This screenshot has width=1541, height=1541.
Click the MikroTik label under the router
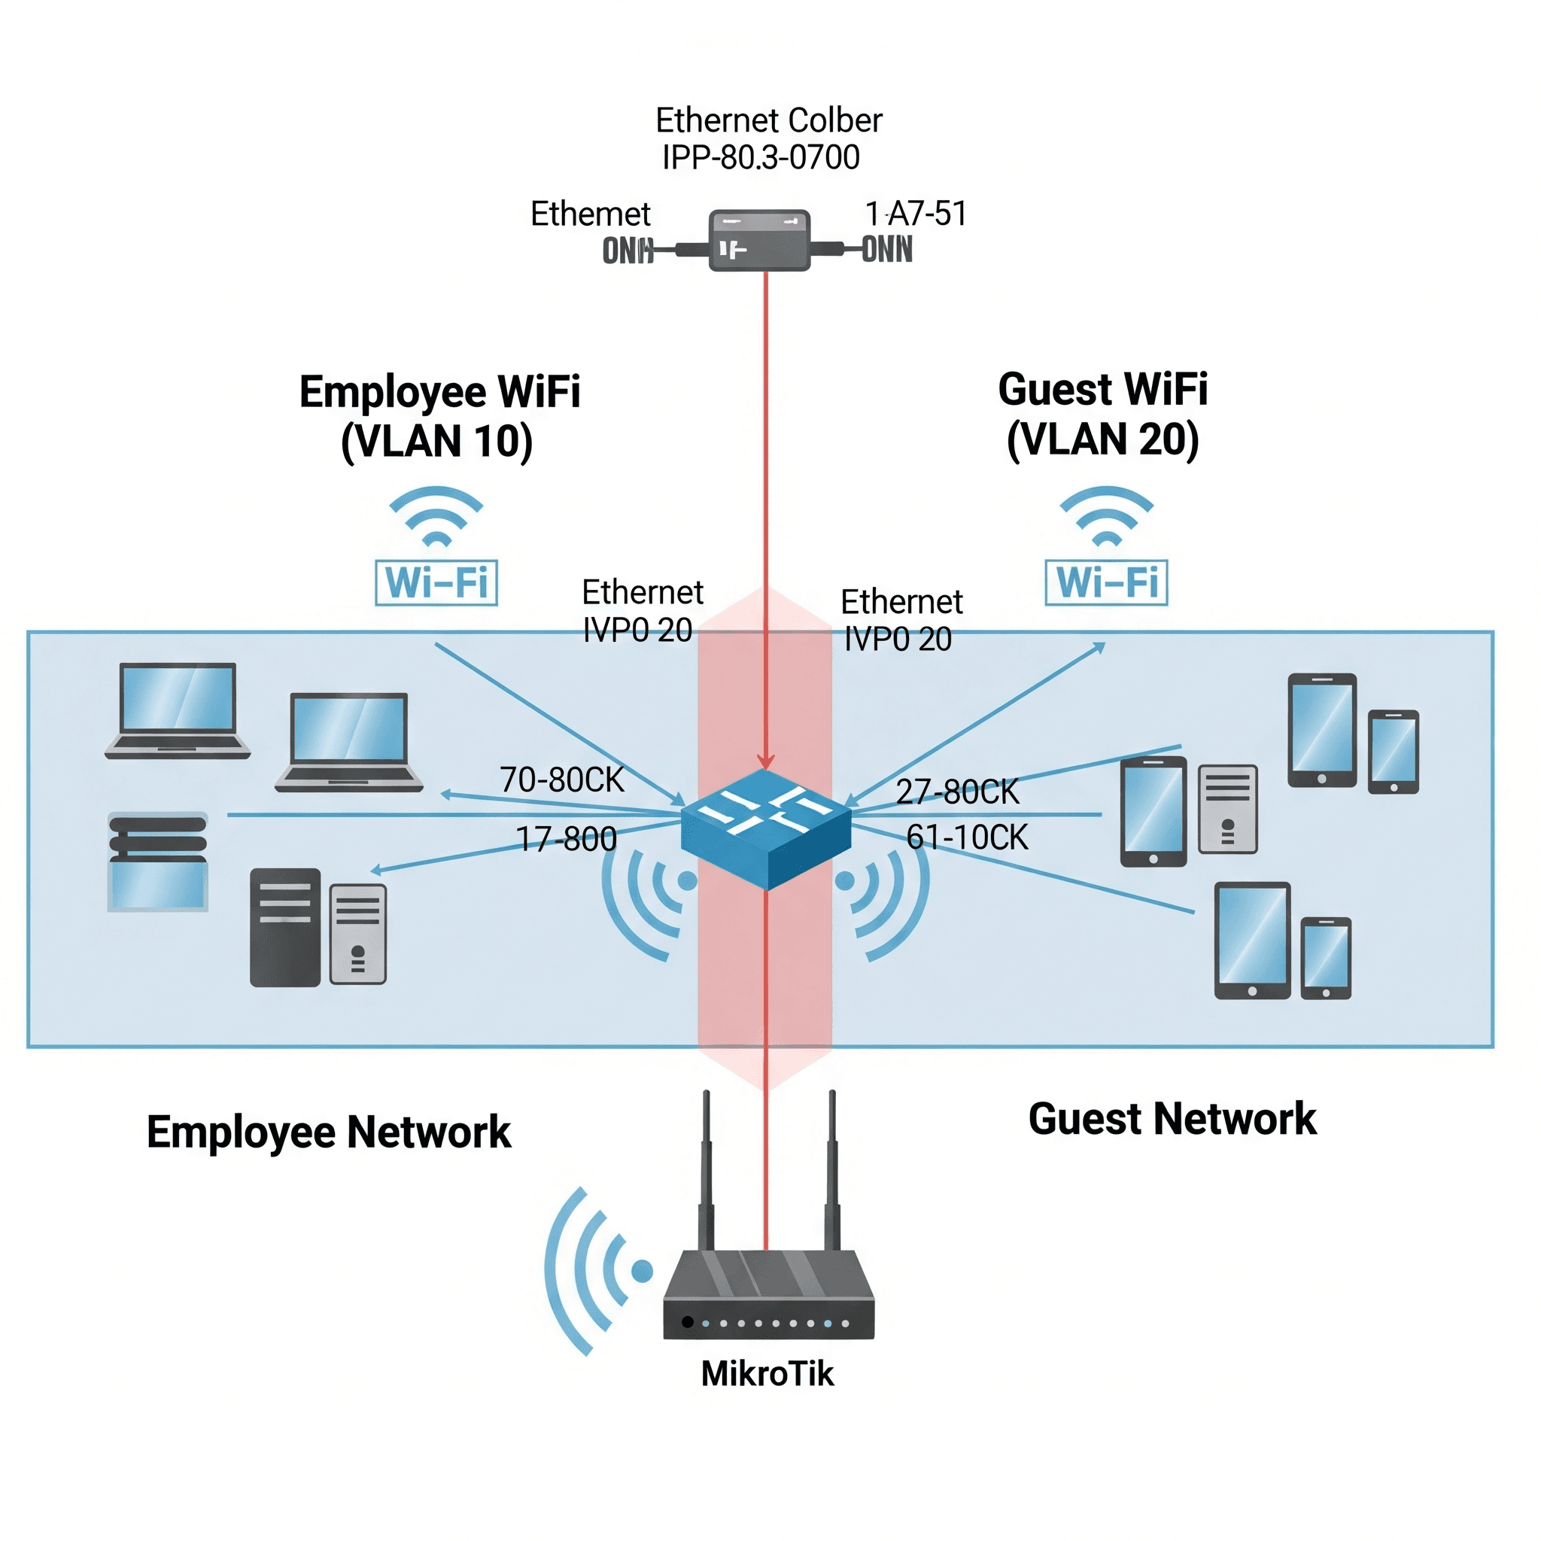tap(767, 1373)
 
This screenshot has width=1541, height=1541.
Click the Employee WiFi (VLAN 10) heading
tap(439, 415)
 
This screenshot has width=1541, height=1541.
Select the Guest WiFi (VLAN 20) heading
tap(1103, 414)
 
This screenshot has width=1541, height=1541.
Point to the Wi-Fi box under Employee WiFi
tap(436, 582)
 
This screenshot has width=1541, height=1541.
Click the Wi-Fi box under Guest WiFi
tap(1106, 582)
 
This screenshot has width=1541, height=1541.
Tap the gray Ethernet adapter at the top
tap(759, 240)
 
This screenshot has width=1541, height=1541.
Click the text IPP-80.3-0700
tap(761, 157)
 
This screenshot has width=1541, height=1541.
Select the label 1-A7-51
tap(916, 214)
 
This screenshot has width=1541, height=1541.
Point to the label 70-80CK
tap(561, 780)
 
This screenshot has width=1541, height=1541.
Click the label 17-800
tap(567, 839)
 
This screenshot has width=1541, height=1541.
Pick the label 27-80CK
tap(957, 792)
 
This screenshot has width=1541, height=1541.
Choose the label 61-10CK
tap(967, 837)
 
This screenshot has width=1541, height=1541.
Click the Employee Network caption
tap(329, 1131)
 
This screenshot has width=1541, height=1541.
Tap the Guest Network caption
tap(1172, 1118)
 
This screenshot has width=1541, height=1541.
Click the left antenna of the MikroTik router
tap(706, 1172)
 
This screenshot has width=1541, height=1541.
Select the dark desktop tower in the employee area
tap(284, 927)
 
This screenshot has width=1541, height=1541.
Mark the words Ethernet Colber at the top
tap(768, 120)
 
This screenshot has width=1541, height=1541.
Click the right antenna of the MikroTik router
tap(832, 1172)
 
